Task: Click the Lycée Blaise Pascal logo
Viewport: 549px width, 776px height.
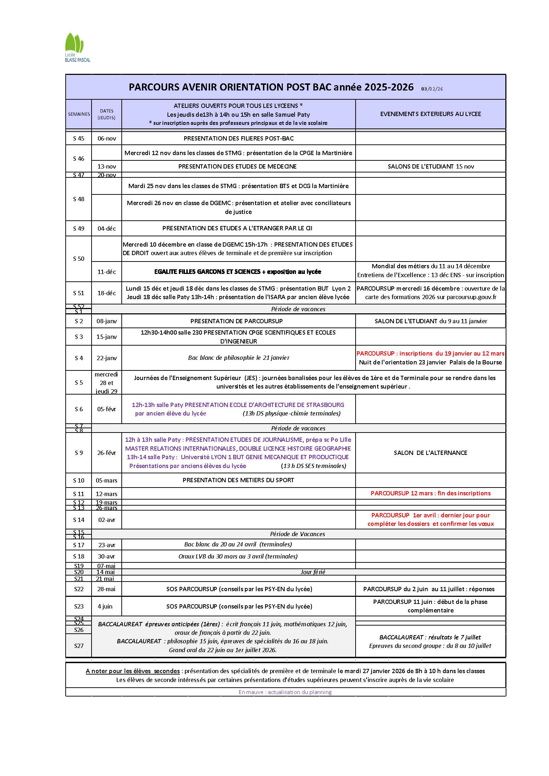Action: (77, 47)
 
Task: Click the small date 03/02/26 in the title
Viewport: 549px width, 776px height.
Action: (432, 89)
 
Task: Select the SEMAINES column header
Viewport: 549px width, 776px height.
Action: (79, 114)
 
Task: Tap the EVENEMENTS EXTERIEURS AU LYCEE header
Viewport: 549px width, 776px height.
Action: (430, 114)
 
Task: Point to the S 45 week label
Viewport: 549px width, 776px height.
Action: (79, 138)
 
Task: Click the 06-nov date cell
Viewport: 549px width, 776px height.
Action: (106, 138)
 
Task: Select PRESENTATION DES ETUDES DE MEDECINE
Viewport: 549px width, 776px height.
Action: (237, 166)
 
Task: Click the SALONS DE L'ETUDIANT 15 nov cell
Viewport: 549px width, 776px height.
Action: (430, 166)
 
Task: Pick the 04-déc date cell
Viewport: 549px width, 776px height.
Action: (106, 229)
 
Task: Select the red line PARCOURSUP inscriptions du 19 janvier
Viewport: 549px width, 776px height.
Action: (430, 353)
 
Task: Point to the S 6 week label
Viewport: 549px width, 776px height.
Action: (79, 409)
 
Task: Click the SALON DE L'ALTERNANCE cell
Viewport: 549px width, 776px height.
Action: (430, 453)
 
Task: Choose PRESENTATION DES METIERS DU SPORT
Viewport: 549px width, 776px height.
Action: (238, 480)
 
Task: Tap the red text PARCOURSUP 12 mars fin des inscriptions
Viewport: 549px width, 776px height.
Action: (430, 493)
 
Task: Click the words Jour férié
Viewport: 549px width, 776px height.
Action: (313, 572)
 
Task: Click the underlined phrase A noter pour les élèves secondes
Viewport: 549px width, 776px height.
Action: (133, 671)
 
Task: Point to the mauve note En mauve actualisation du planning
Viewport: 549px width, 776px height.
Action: (285, 692)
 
